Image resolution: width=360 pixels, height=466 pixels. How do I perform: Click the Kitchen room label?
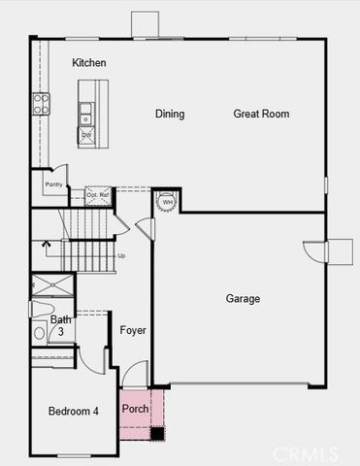[89, 63]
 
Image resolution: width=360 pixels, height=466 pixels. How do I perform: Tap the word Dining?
[170, 115]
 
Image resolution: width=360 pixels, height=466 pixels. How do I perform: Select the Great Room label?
[261, 115]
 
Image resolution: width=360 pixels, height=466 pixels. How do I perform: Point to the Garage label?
[243, 299]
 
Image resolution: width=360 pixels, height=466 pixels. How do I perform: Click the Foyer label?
[133, 331]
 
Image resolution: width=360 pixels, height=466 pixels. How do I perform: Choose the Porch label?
[135, 409]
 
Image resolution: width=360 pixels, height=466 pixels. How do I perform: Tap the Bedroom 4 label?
[74, 412]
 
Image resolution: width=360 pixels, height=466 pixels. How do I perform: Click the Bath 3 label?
[61, 325]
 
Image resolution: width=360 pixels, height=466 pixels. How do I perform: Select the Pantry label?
[52, 183]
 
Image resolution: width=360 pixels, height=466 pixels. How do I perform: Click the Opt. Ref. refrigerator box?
[98, 195]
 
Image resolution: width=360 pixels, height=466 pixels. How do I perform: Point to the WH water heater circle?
[166, 201]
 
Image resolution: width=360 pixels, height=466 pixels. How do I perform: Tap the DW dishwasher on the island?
[85, 133]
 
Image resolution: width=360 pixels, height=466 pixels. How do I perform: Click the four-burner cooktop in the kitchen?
[41, 104]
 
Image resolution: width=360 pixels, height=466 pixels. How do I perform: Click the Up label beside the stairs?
[121, 256]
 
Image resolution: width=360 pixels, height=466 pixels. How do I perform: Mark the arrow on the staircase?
[45, 246]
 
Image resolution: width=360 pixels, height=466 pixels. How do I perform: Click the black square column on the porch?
[157, 434]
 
